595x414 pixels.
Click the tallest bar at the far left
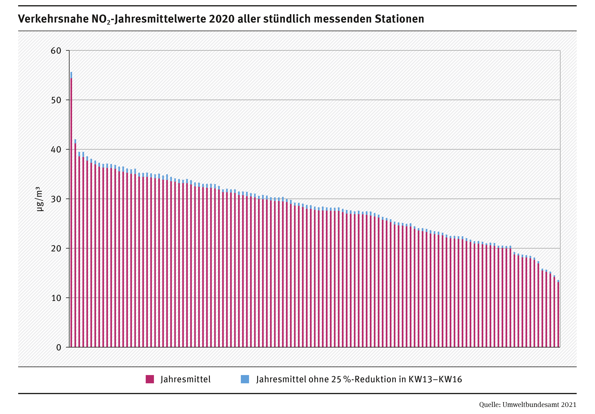tap(71, 213)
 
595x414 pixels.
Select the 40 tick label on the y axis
tap(56, 150)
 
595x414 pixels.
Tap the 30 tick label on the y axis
tap(56, 199)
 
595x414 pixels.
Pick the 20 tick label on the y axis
tap(56, 248)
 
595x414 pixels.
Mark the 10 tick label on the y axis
tap(56, 298)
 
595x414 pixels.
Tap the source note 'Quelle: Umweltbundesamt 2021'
tap(528, 405)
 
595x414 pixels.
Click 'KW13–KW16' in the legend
tap(435, 379)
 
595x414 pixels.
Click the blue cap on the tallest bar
tap(71, 75)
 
